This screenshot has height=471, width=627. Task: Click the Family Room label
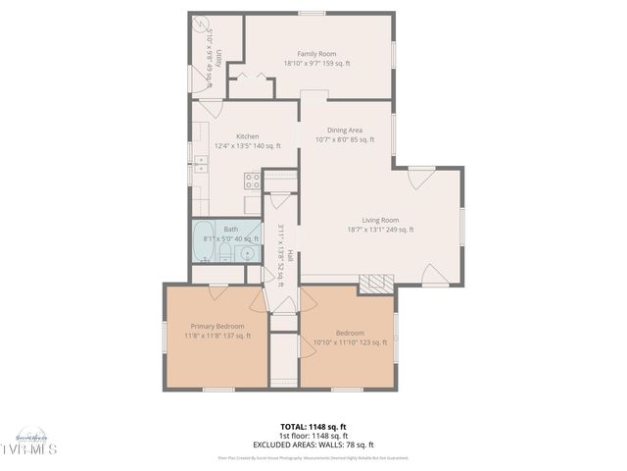[x=316, y=54]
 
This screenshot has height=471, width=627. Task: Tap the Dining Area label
[x=345, y=130]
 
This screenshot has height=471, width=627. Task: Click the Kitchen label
[x=247, y=136]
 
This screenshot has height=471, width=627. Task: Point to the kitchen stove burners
[x=252, y=180]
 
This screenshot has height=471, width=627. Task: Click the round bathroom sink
[x=249, y=253]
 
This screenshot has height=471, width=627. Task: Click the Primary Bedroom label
[x=217, y=326]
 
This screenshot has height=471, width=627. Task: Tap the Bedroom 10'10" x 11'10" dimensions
[x=350, y=342]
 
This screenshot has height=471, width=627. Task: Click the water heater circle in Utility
[x=203, y=26]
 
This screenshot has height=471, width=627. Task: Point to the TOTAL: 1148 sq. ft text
[x=313, y=427]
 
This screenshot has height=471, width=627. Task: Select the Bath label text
[x=230, y=229]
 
